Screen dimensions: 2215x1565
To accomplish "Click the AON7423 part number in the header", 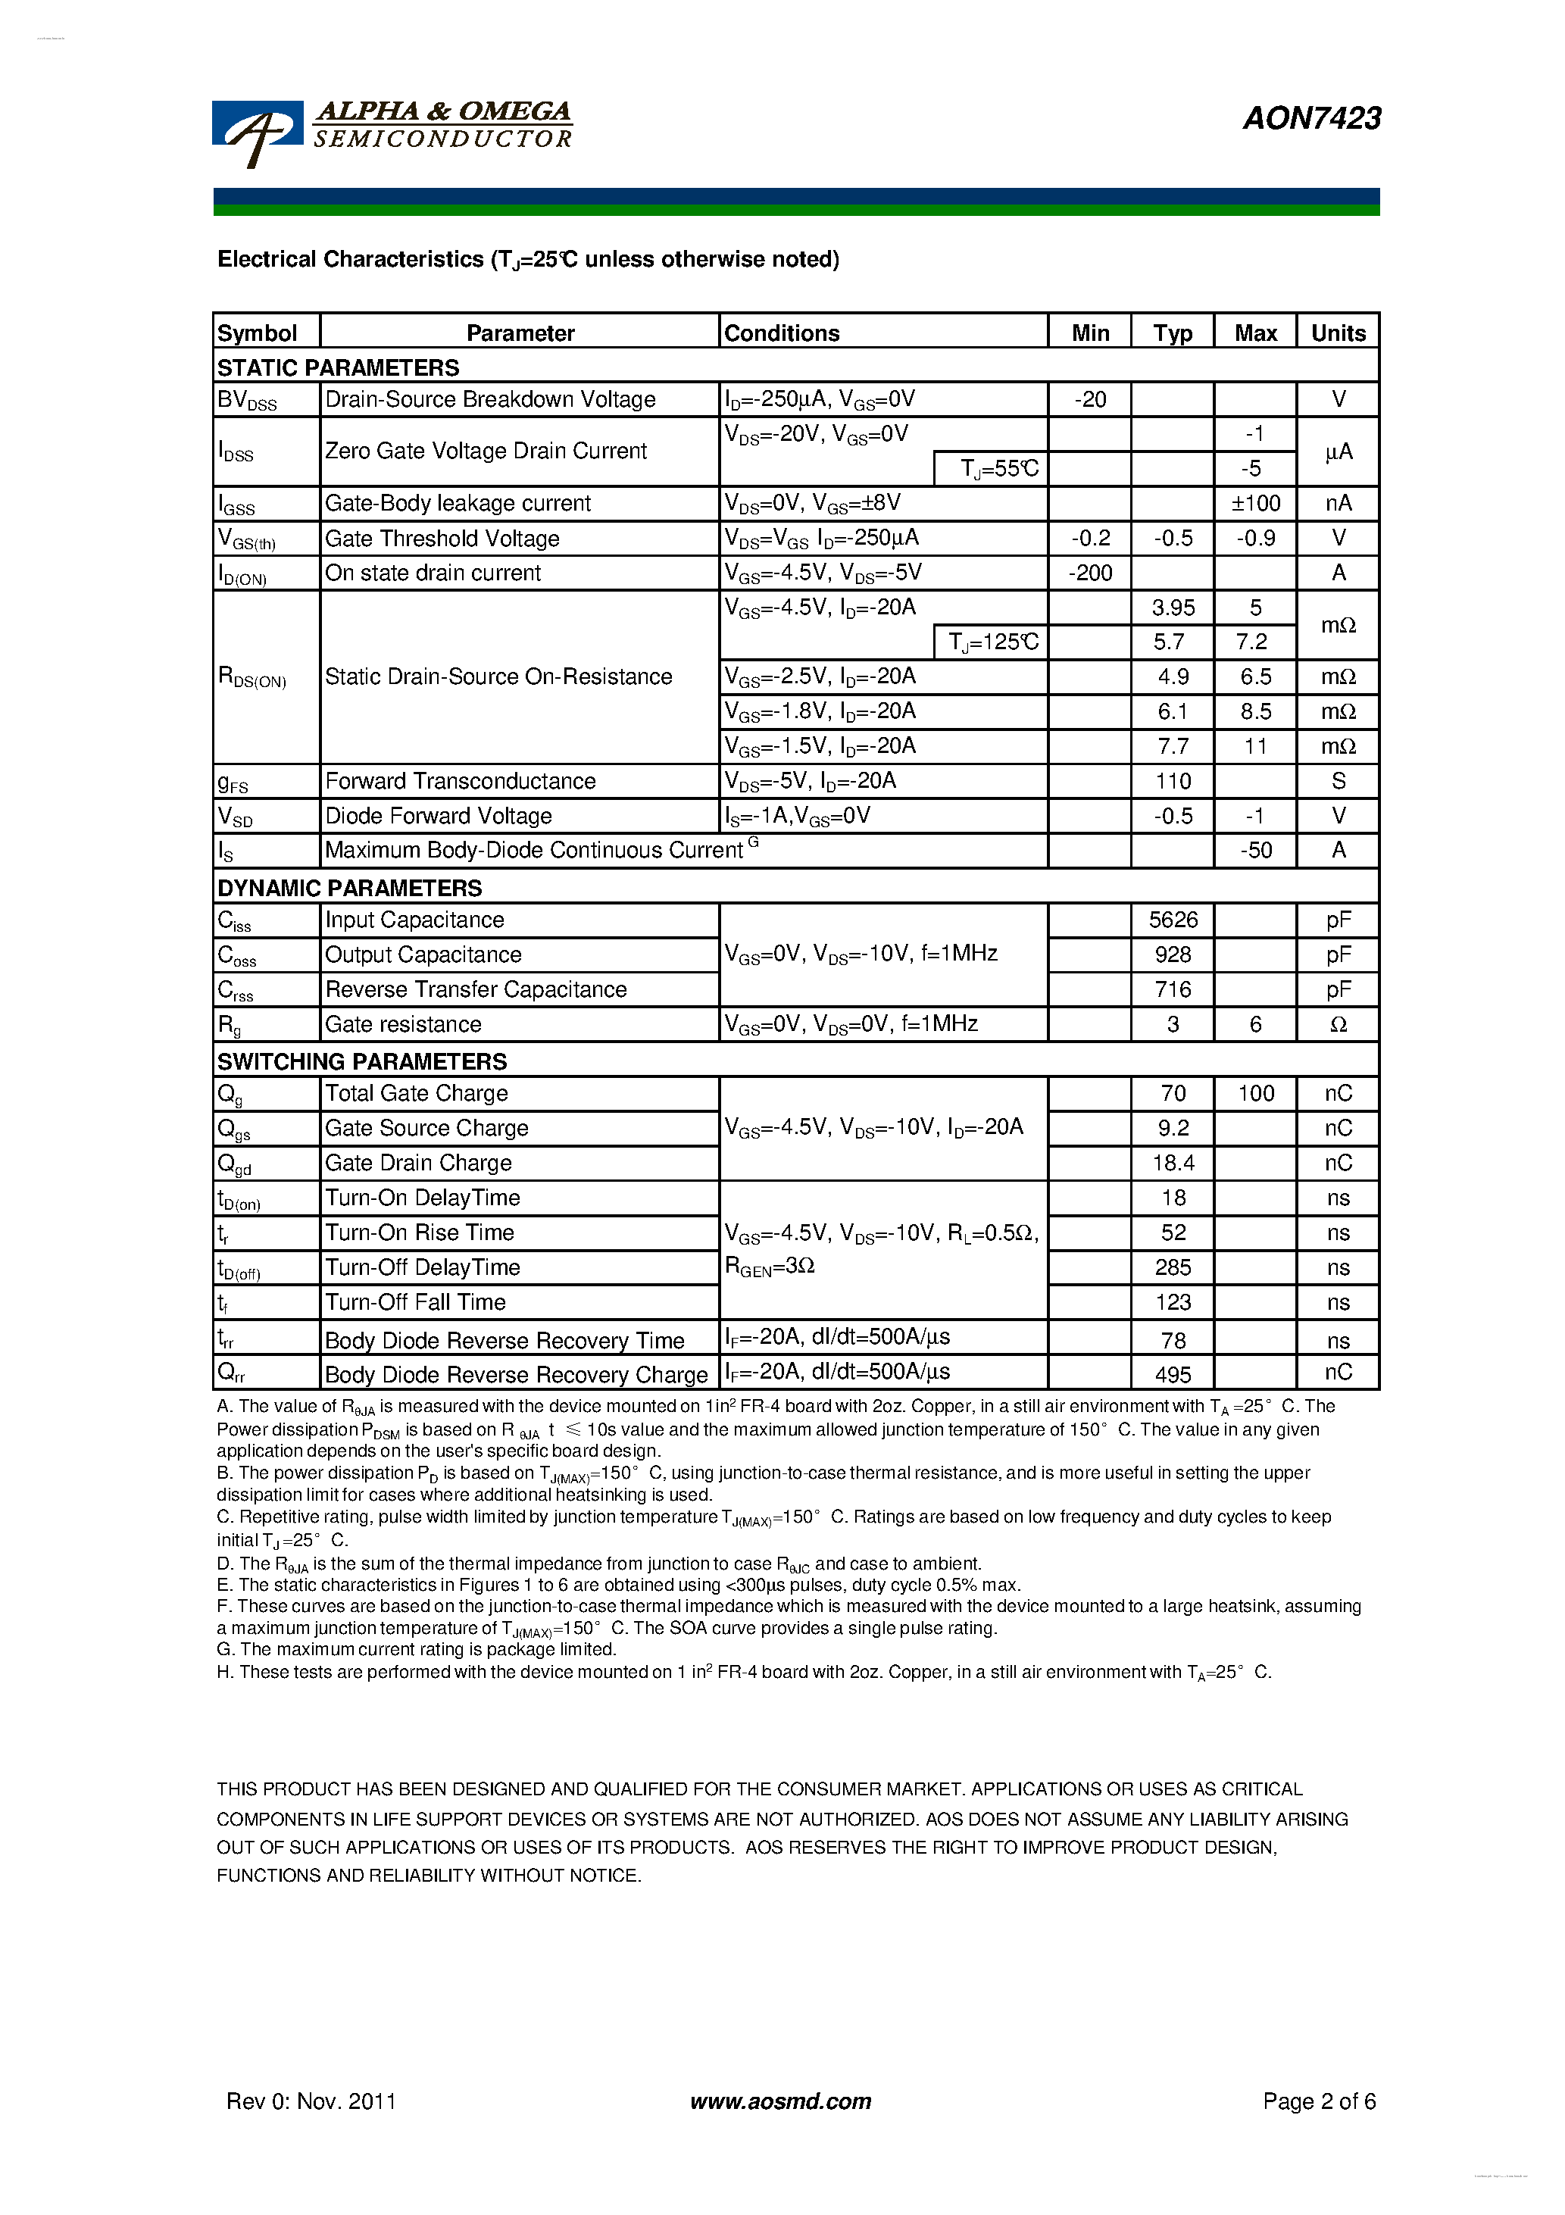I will tap(1311, 117).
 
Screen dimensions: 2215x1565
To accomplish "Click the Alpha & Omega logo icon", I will tap(257, 131).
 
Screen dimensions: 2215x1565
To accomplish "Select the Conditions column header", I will tap(782, 333).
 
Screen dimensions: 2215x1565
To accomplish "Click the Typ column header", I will tap(1173, 333).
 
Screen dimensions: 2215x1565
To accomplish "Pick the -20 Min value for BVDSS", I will tap(1089, 399).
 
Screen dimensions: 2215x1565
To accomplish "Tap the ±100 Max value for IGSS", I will tap(1255, 503).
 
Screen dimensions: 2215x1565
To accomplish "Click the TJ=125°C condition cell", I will tap(992, 642).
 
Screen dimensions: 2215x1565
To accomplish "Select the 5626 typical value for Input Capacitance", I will tap(1173, 920).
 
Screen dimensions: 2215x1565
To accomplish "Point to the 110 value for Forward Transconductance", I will tap(1173, 782).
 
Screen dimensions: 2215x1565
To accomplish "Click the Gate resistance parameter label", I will tap(402, 1024).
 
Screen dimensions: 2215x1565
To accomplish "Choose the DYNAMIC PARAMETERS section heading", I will tap(349, 888).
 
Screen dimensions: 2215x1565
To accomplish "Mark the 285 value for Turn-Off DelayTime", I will tap(1173, 1267).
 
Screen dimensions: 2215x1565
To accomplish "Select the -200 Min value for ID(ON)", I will tap(1089, 573).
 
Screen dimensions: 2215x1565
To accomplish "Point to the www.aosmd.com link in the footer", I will tap(779, 2101).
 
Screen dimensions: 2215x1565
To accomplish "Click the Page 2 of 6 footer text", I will tap(1318, 2101).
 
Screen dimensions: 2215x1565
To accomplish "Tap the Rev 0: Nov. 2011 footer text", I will tap(311, 2101).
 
